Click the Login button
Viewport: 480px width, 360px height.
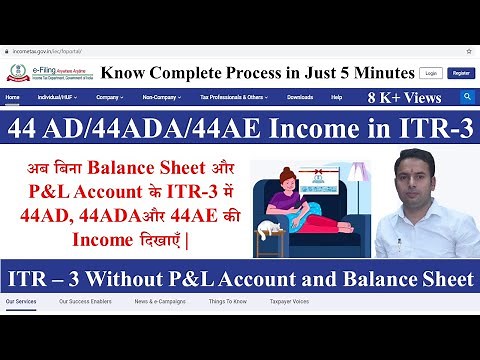430,73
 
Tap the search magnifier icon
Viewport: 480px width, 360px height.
467,97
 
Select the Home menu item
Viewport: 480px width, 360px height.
13,98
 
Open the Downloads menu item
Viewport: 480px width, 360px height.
300,98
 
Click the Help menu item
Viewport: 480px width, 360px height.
336,98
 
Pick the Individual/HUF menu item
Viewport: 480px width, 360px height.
57,98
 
